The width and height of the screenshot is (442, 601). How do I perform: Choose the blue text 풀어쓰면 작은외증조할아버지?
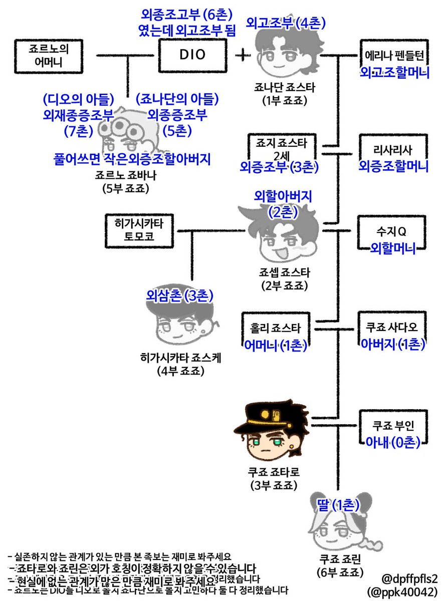click(x=132, y=159)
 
